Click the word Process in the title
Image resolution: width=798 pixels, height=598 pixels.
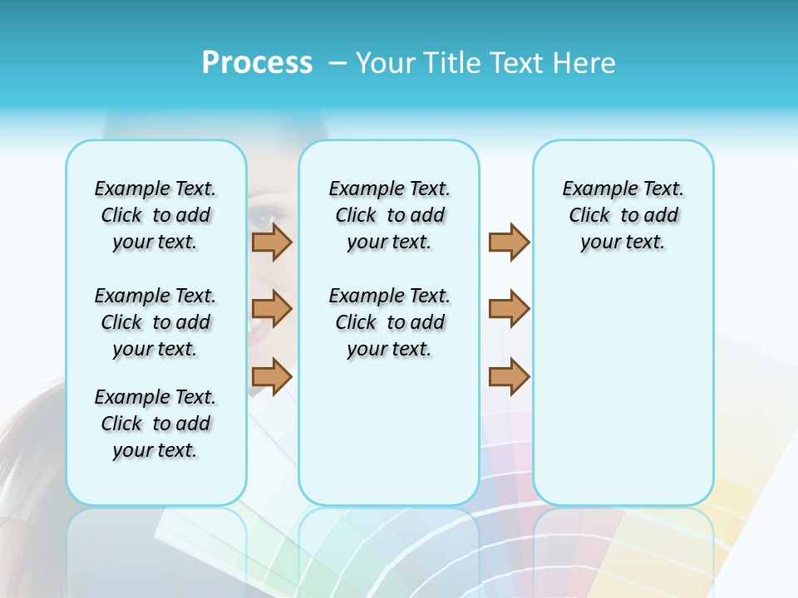pos(257,63)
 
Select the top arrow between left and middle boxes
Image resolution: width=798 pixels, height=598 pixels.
pos(272,242)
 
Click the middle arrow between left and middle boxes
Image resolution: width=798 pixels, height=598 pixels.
pos(272,309)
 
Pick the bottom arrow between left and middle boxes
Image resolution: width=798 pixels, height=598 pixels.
pos(272,376)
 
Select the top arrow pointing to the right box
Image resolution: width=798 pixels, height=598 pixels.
pos(509,242)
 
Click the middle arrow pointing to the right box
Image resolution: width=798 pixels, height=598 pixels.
pos(509,309)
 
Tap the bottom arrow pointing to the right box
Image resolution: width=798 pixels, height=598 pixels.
pos(509,376)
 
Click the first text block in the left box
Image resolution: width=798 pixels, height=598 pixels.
pos(155,215)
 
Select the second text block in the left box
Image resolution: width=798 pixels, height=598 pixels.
pos(155,322)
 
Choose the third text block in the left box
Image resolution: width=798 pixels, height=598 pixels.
pos(155,424)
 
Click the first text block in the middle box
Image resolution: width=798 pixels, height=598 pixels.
pos(390,215)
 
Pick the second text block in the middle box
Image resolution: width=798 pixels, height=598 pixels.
pos(390,322)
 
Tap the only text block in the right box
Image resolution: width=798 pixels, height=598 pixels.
pos(623,215)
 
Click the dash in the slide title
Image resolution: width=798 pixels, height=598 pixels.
pos(337,63)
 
